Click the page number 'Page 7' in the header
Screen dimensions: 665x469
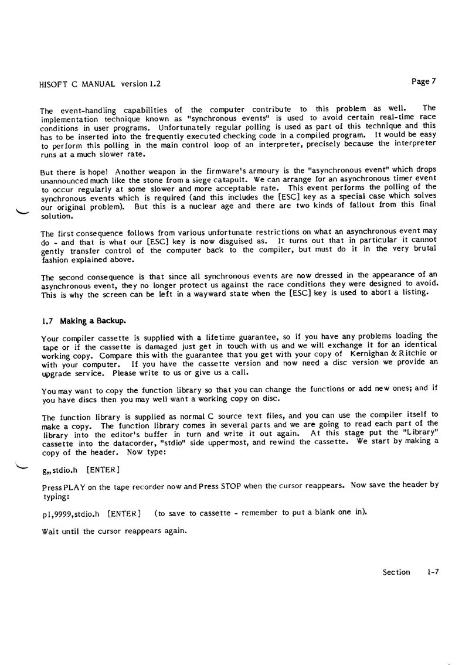click(424, 81)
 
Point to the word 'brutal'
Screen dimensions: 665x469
click(425, 249)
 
